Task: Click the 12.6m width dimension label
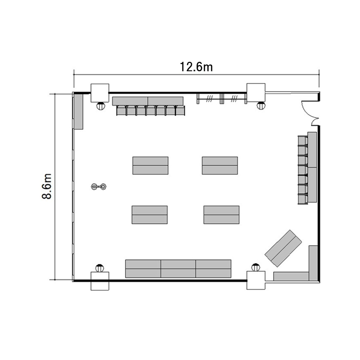coord(196,67)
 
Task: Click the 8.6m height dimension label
coord(47,186)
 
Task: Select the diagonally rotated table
coord(283,248)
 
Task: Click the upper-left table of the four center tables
coord(150,166)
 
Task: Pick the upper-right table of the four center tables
coord(220,166)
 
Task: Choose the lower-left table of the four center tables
coord(150,215)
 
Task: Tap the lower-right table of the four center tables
coord(221,215)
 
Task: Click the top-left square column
coord(100,93)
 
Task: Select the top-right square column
coord(256,93)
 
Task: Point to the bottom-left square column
coord(100,281)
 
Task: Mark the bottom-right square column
coord(256,280)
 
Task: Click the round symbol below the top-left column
coord(101,106)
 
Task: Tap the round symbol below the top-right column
coord(261,106)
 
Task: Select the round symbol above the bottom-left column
coord(100,268)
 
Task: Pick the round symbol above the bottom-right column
coord(256,267)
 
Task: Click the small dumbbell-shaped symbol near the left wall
coord(99,186)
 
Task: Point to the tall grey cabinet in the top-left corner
coord(79,111)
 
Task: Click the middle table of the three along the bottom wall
coord(179,269)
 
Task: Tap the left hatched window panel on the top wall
coord(209,99)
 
